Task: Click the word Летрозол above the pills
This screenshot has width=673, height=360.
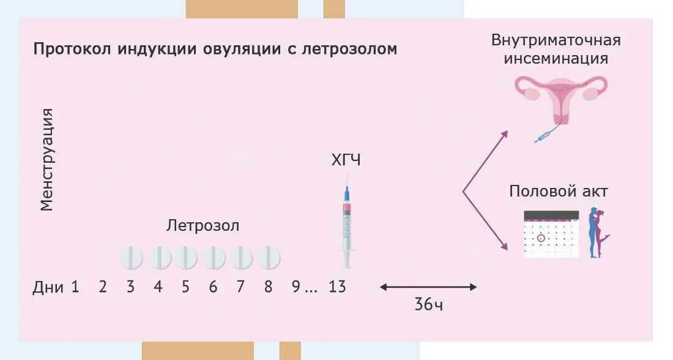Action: coord(203,226)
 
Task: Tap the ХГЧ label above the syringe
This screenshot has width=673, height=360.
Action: coord(346,161)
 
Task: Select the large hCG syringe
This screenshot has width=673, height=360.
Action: coord(347,223)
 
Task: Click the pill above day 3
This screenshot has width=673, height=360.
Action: coord(130,257)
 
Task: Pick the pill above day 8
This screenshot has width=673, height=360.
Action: coord(269,257)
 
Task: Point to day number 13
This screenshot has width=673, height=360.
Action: coord(337,287)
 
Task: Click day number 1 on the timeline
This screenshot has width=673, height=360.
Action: coord(75,287)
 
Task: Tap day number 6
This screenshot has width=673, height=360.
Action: coord(213,287)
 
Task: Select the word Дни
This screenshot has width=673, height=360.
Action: coord(48,287)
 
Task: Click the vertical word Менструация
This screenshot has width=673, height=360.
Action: coord(47,159)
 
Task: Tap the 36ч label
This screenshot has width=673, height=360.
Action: coord(428,305)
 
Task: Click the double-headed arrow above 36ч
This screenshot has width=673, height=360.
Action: coord(428,287)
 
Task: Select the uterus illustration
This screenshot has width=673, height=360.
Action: coord(560,98)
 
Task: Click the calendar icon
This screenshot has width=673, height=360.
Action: coord(551,233)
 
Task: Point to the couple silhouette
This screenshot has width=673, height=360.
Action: coord(597,233)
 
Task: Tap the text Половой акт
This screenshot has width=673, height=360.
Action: coord(559,192)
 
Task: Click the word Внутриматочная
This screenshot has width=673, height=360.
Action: coord(556,40)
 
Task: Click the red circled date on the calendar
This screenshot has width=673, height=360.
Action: coord(540,238)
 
